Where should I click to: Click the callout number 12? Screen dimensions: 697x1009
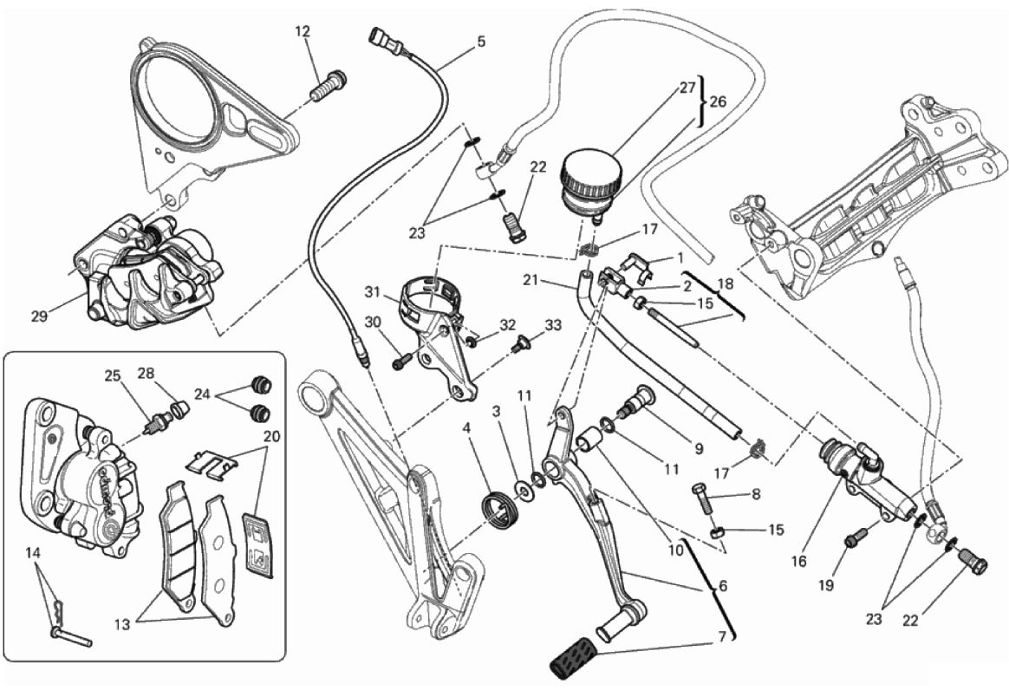(x=302, y=32)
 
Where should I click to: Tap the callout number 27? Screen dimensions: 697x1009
(x=687, y=88)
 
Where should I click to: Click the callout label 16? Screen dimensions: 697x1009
(x=798, y=561)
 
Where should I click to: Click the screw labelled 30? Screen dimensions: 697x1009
(x=400, y=363)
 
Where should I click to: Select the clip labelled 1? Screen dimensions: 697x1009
(x=639, y=264)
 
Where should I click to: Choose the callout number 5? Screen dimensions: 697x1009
(x=480, y=42)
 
